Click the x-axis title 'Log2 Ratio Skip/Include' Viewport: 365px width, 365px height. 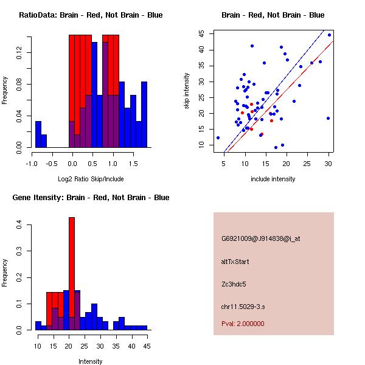pos(91,179)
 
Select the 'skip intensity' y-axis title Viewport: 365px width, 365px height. pos(187,91)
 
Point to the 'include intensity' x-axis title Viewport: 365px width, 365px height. pos(273,179)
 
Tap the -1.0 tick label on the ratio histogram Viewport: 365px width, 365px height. pos(32,163)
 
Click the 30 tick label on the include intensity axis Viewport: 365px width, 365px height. pos(328,163)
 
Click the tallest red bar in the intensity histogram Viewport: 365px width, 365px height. pos(72,273)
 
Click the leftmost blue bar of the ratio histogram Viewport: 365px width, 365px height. pos(38,134)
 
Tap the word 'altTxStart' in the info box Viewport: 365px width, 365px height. pos(235,262)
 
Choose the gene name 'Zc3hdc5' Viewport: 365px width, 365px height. pos(234,284)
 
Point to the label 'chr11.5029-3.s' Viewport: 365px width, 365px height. pos(241,306)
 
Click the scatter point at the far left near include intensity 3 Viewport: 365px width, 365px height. pos(218,137)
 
